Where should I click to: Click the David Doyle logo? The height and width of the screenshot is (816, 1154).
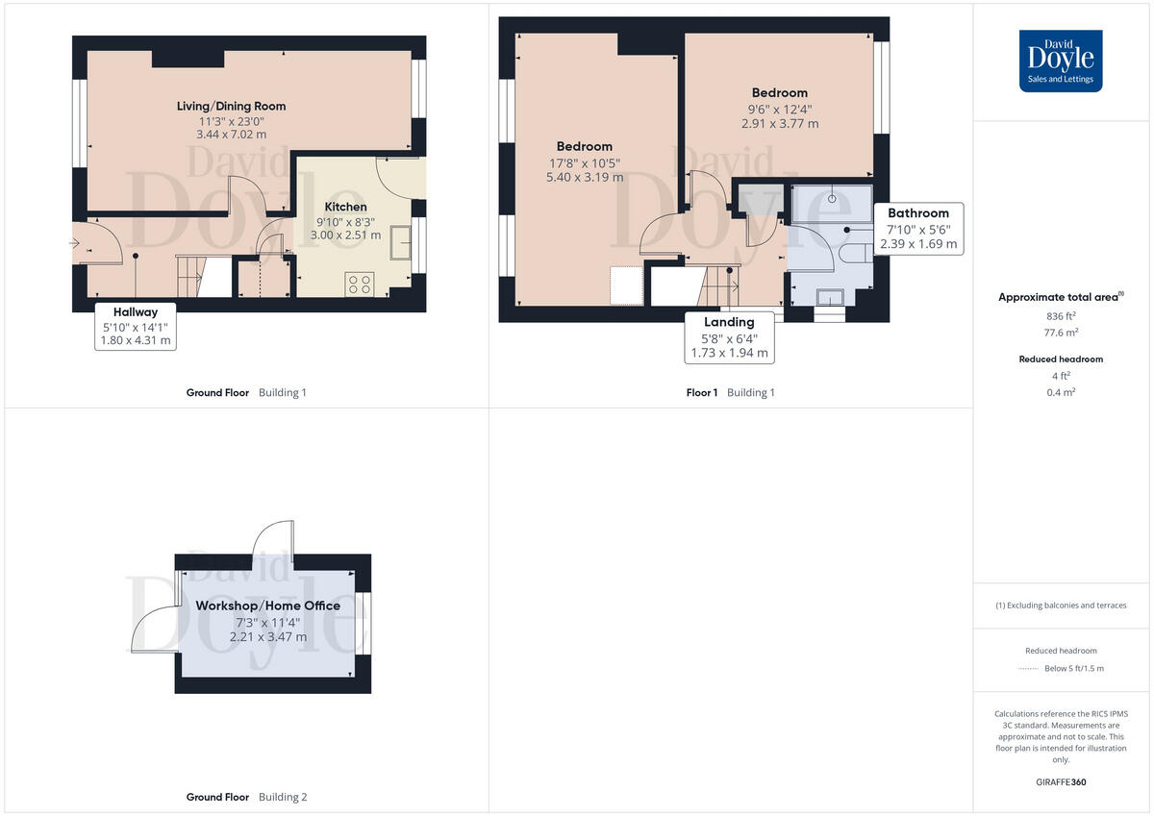pos(1061,61)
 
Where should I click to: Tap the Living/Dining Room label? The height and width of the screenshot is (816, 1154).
pos(231,106)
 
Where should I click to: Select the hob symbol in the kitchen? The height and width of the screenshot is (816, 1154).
pos(360,284)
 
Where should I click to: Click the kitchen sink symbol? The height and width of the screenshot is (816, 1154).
pos(399,246)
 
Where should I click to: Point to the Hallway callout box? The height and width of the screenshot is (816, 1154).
pos(135,326)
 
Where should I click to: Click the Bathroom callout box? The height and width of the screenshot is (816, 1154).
pos(917,229)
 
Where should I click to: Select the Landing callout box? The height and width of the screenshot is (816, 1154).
pos(729,337)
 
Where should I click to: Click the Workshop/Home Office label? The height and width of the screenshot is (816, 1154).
pos(267,606)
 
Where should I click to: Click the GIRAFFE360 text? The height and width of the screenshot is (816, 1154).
pos(1062,782)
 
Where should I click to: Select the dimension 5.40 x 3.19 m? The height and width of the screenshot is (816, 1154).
pos(584,177)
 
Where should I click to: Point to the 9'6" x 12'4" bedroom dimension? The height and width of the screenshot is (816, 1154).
pos(779,109)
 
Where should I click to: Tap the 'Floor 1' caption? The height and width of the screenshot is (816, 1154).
pos(701,392)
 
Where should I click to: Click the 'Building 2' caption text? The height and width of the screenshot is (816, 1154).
pos(283,797)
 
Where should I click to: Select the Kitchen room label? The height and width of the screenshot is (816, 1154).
pos(345,207)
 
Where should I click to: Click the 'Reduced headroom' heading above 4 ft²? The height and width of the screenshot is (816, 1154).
pos(1062,359)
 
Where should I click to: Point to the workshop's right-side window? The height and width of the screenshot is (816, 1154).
pos(364,624)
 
